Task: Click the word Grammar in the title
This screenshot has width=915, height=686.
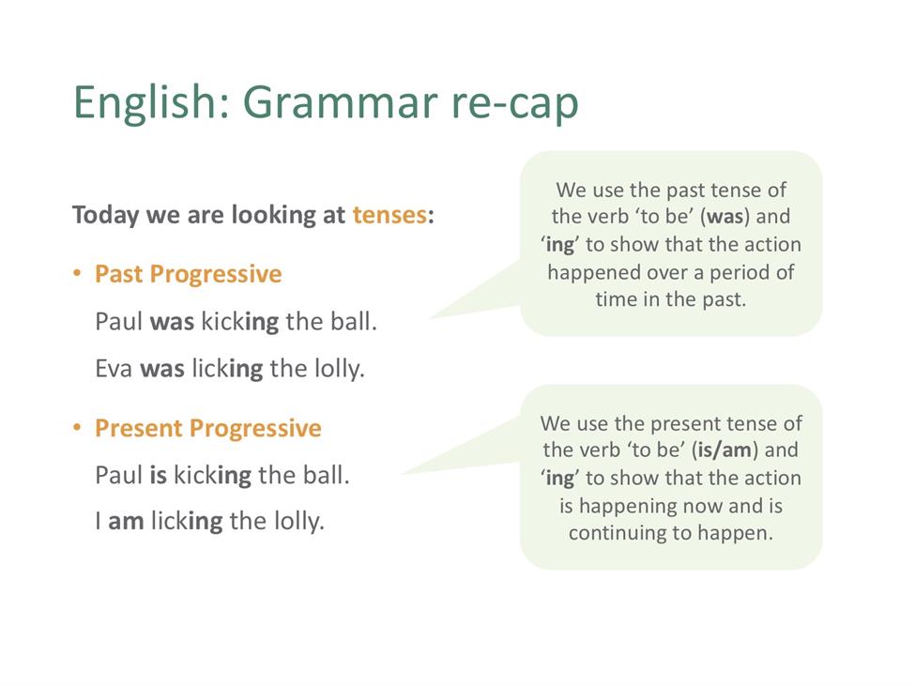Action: (341, 102)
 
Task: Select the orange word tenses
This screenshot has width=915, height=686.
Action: (389, 215)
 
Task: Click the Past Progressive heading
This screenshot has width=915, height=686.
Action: (189, 274)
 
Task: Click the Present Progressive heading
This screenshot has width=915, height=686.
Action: (208, 428)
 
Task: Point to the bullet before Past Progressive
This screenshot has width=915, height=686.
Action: (77, 273)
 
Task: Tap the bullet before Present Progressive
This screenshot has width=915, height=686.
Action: (77, 428)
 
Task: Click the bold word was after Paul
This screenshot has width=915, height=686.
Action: (172, 322)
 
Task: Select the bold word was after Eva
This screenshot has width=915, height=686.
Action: (162, 369)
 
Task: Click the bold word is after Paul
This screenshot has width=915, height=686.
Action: (159, 475)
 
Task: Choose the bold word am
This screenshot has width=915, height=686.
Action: (126, 522)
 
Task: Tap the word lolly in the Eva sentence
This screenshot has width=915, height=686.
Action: (340, 369)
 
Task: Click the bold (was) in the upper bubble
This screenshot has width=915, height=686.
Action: (724, 217)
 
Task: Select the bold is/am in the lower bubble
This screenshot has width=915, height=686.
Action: (724, 450)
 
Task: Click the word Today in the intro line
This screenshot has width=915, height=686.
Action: (106, 215)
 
